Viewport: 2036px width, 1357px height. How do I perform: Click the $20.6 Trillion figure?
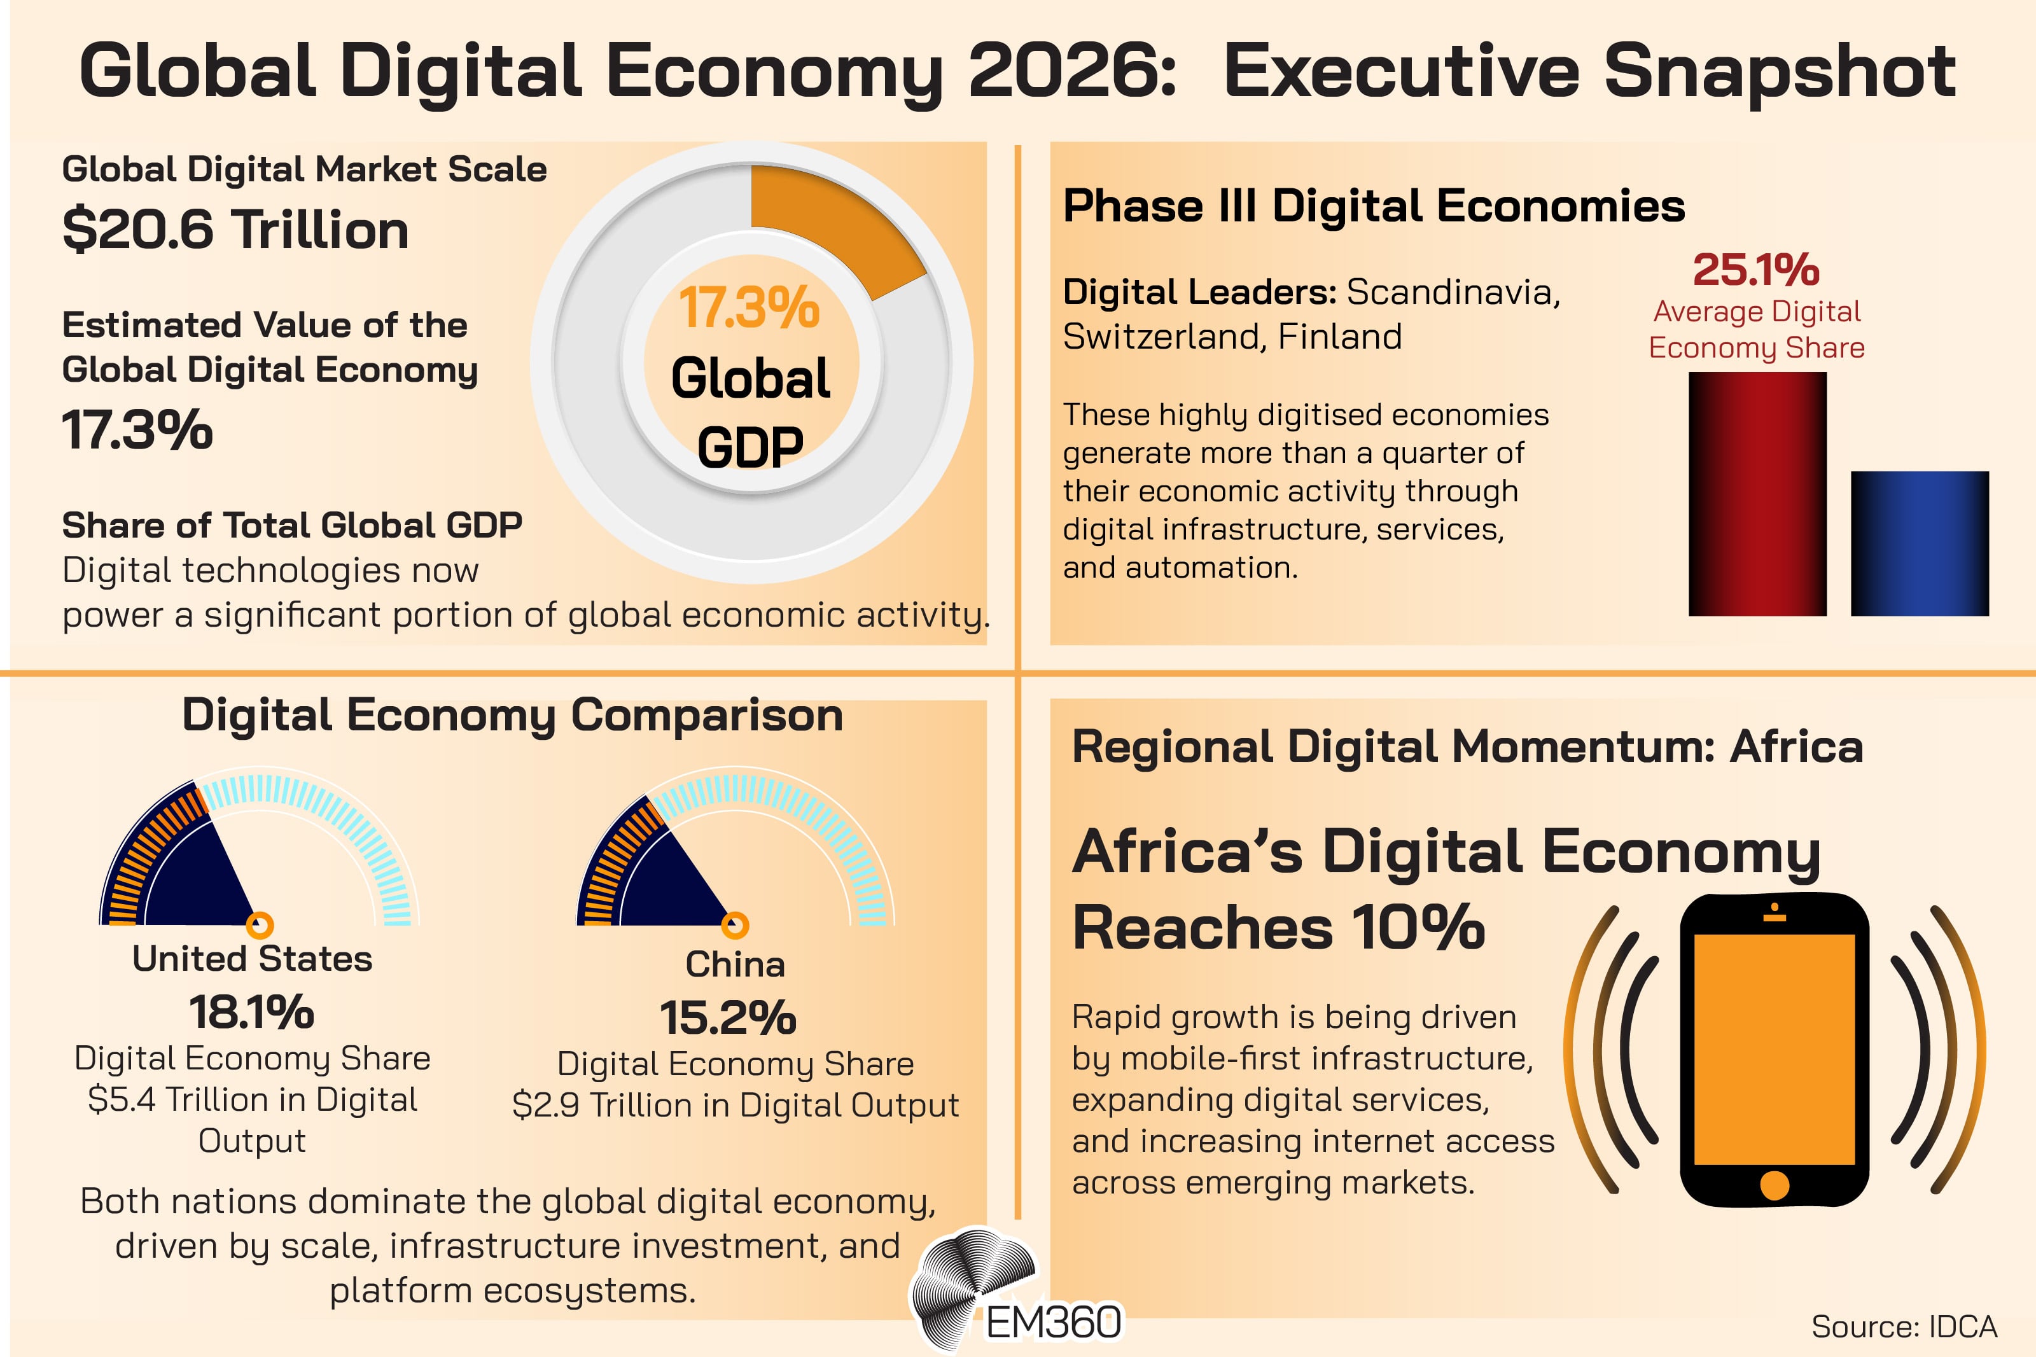[x=235, y=230]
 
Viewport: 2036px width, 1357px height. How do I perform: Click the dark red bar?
[x=1757, y=493]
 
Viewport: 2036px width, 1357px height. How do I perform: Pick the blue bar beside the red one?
[x=1919, y=543]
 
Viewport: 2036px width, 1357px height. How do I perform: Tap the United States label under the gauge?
[x=252, y=959]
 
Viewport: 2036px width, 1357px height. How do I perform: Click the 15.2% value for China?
[x=728, y=1018]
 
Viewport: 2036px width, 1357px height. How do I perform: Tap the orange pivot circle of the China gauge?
[x=735, y=925]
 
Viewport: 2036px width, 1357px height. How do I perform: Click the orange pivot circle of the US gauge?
[x=260, y=924]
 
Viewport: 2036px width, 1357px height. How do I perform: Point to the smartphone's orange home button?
[x=1774, y=1185]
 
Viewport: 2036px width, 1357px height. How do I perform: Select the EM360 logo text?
[x=1053, y=1323]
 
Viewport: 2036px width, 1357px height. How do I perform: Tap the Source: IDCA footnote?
[x=1904, y=1326]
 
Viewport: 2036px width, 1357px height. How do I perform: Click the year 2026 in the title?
[x=1071, y=71]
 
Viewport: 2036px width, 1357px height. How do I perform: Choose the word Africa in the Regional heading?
[x=1795, y=747]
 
